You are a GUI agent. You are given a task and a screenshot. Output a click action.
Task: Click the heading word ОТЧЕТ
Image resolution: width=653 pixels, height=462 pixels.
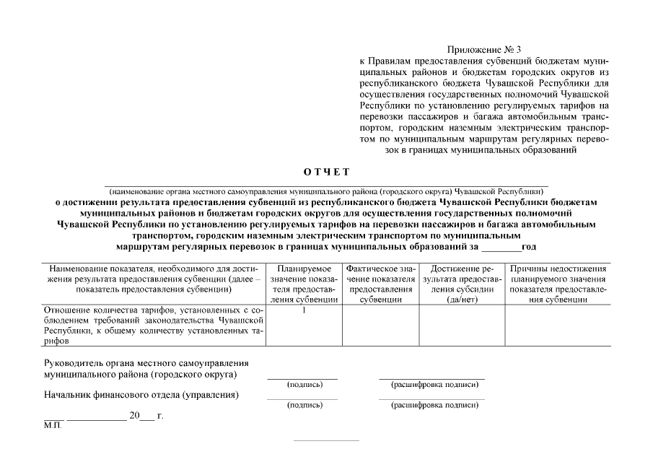(x=326, y=171)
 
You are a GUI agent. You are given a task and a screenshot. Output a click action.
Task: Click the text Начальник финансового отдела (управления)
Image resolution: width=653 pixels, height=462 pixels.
(x=141, y=395)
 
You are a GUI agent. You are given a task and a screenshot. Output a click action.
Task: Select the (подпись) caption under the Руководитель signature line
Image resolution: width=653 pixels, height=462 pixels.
(x=304, y=385)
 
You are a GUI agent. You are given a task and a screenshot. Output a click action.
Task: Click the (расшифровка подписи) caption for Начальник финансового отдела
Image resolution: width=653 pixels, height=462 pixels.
(x=434, y=405)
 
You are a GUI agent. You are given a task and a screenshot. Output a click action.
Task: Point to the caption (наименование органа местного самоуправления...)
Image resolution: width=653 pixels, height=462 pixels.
(x=325, y=191)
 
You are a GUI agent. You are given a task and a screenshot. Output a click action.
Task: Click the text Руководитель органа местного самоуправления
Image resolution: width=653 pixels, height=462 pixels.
(x=146, y=363)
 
